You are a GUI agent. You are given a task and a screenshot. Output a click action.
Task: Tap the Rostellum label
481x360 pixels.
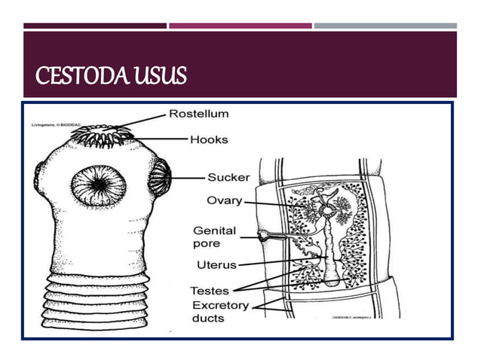[x=198, y=114]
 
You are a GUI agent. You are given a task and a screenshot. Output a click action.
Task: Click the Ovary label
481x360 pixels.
[x=225, y=200]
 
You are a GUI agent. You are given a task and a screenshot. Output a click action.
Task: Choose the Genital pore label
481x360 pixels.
[x=215, y=237]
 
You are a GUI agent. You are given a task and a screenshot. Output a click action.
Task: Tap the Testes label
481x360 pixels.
[x=210, y=290]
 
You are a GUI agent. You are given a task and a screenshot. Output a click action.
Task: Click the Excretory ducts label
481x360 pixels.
[x=221, y=311]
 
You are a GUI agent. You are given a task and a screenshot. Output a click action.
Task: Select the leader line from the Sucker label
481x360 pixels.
[x=189, y=178]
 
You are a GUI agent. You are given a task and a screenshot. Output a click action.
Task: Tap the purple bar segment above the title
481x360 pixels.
[x=240, y=26]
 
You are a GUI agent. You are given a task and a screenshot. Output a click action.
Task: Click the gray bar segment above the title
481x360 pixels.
[x=384, y=26]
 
